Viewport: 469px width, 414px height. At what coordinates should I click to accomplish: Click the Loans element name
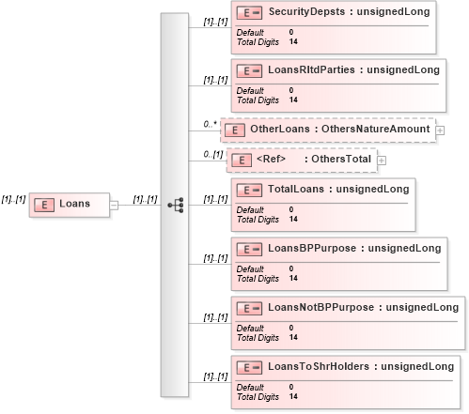tap(74, 204)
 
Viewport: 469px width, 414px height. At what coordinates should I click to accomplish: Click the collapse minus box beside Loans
tap(114, 206)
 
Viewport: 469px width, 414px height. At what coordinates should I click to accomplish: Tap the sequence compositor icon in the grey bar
tap(176, 206)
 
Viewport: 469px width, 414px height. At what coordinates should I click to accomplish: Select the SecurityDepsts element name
tap(306, 12)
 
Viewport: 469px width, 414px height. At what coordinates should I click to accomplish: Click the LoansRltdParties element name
tap(311, 69)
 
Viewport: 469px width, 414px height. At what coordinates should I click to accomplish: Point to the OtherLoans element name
tap(280, 129)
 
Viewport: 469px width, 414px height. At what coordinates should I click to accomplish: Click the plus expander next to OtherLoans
tap(440, 130)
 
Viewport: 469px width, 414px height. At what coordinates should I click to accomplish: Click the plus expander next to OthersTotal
tap(382, 161)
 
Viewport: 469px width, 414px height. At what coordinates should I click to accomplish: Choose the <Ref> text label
tap(271, 159)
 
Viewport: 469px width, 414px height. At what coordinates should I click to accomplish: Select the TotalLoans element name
tap(296, 189)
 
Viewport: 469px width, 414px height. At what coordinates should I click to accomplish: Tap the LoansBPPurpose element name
tap(312, 248)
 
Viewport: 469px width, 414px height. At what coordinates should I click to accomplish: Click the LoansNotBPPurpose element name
tap(321, 307)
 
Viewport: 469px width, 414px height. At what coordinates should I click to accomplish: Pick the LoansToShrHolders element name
tap(319, 366)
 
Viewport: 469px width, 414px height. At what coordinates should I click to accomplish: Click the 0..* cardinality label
tap(210, 124)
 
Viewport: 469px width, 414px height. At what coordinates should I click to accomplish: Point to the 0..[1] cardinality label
tap(213, 154)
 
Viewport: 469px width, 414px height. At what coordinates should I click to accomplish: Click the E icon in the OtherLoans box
tap(235, 130)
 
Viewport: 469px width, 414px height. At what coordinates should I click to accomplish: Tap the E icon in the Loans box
tap(44, 205)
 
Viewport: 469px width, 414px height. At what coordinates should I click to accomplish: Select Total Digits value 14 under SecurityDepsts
tap(293, 41)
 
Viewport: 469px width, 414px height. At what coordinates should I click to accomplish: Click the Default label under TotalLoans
tap(250, 209)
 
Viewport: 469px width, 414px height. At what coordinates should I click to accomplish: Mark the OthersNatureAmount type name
tap(376, 129)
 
